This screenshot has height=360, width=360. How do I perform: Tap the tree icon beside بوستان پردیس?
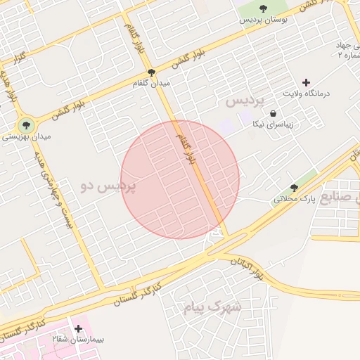click(263, 8)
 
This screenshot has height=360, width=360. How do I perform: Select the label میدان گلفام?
click(151, 83)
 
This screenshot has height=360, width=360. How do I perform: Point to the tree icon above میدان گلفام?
click(151, 72)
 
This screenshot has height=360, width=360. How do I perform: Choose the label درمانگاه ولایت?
click(307, 94)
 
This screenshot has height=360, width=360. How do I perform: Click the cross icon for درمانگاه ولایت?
click(306, 82)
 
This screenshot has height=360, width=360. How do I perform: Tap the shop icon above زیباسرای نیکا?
click(273, 114)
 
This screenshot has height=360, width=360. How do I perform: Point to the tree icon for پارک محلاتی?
click(294, 188)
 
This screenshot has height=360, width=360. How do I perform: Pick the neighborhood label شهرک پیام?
click(212, 307)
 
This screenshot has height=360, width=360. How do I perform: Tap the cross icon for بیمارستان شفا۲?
click(77, 328)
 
